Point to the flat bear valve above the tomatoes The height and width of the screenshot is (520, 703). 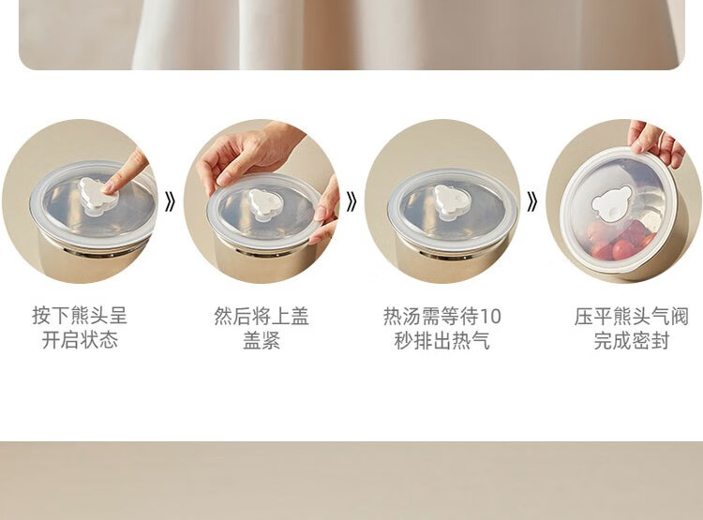click(x=612, y=203)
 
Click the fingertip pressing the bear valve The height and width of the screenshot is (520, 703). click(x=109, y=189)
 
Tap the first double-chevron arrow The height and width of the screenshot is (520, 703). click(x=170, y=201)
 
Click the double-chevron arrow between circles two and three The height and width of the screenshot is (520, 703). click(x=351, y=201)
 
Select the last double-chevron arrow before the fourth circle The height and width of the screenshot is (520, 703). click(x=531, y=201)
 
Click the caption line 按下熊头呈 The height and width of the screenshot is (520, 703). click(x=80, y=316)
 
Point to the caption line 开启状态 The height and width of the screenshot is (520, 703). click(x=80, y=340)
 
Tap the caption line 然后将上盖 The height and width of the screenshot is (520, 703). click(x=262, y=316)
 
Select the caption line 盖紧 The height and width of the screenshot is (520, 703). click(x=262, y=340)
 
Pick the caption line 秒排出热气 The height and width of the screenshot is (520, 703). click(x=442, y=340)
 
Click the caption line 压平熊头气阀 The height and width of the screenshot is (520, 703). click(x=631, y=316)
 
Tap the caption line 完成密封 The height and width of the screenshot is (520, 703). click(x=631, y=340)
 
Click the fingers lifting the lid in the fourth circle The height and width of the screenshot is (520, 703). click(x=654, y=141)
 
